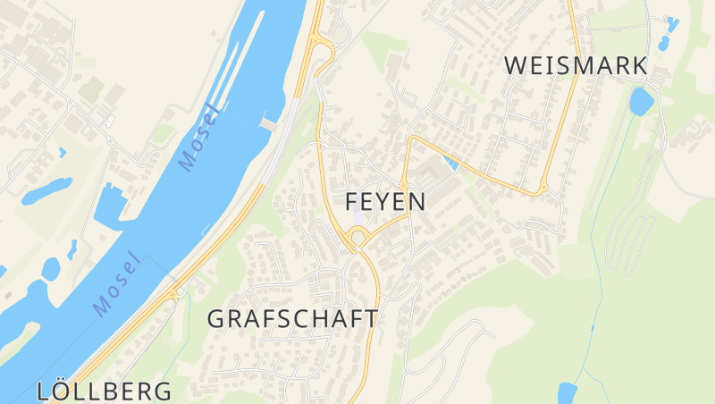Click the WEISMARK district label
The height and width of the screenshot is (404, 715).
coord(576,65)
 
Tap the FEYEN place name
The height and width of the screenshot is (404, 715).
coord(385,201)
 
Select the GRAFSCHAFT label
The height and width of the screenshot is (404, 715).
coord(292,318)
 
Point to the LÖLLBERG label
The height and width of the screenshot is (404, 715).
coord(105,391)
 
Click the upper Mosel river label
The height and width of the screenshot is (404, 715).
coord(198,139)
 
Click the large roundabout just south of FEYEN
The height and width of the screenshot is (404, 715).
coord(358,237)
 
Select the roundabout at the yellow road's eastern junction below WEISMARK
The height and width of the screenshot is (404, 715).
coord(543,189)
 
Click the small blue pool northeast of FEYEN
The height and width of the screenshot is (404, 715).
coord(450,163)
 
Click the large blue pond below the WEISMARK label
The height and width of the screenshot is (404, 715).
coord(641,101)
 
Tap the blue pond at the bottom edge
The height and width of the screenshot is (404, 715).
coord(567,392)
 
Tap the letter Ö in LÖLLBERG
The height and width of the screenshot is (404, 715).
coord(65,391)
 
